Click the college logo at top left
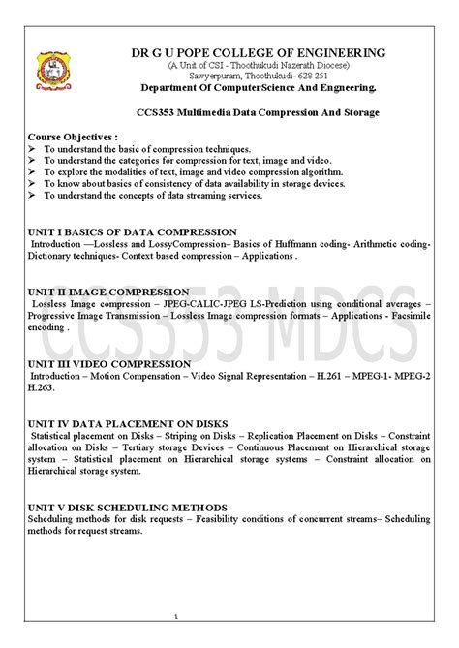[48, 69]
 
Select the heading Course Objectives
[73, 138]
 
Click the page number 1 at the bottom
[176, 616]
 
